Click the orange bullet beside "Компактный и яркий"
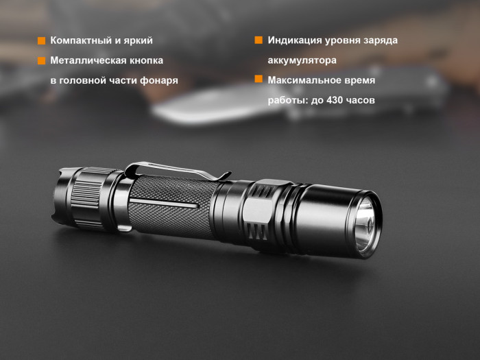[42, 41]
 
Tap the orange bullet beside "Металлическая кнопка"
[42, 60]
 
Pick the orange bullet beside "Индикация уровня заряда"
[259, 40]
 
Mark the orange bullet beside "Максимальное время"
[259, 80]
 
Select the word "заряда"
[379, 40]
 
